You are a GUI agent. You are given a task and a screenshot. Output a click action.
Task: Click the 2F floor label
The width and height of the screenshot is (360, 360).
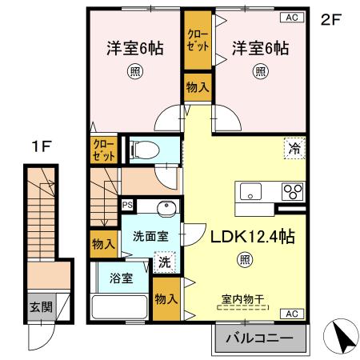pos(330,20)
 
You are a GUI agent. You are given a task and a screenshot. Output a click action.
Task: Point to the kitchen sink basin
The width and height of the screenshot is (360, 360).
pos(250,192)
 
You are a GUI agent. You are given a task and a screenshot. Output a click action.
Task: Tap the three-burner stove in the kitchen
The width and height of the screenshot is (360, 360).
pos(292,192)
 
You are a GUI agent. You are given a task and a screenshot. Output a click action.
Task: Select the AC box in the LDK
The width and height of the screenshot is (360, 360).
pos(293,313)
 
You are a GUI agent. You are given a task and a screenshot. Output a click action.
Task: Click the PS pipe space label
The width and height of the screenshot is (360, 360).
pos(126,205)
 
